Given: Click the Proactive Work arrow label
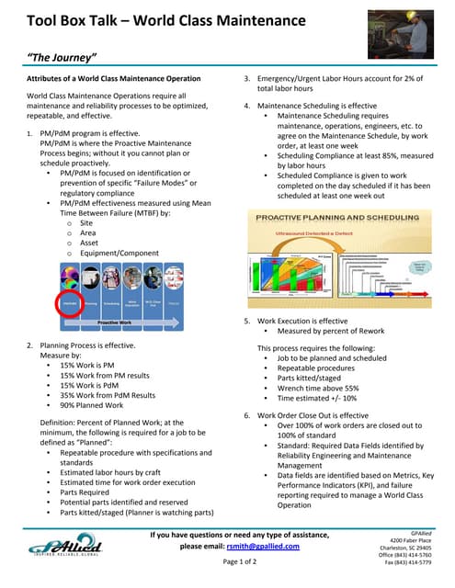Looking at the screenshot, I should [x=117, y=323].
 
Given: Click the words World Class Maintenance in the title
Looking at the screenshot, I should [x=218, y=20].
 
